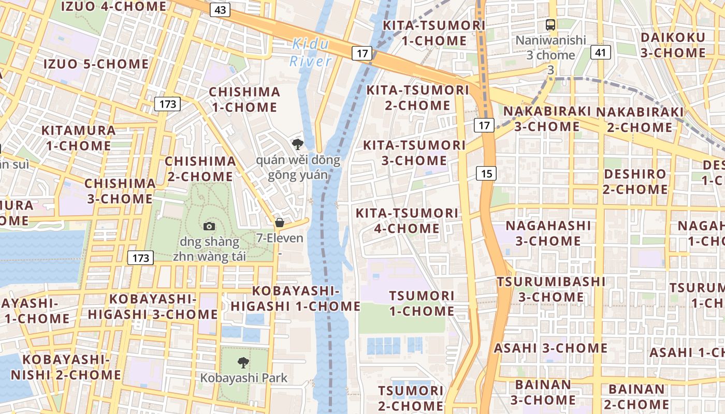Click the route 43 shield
tap(220, 10)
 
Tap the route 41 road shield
tap(601, 52)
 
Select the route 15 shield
tap(486, 173)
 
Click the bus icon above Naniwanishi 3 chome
tap(550, 24)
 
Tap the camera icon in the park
tap(209, 226)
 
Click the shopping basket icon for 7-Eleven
tap(280, 223)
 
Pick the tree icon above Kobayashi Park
tap(243, 362)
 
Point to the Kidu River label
tap(310, 52)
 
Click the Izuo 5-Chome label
tap(96, 64)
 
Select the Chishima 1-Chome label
tap(244, 99)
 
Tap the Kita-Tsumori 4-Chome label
tap(407, 220)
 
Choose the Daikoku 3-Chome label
tap(673, 45)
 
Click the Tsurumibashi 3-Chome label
tap(551, 289)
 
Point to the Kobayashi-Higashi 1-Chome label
tap(295, 299)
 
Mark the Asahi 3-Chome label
tap(550, 348)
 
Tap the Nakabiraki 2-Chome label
tap(640, 120)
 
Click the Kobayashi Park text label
tap(244, 378)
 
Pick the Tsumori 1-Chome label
tap(422, 303)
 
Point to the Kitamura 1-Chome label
tap(78, 138)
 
